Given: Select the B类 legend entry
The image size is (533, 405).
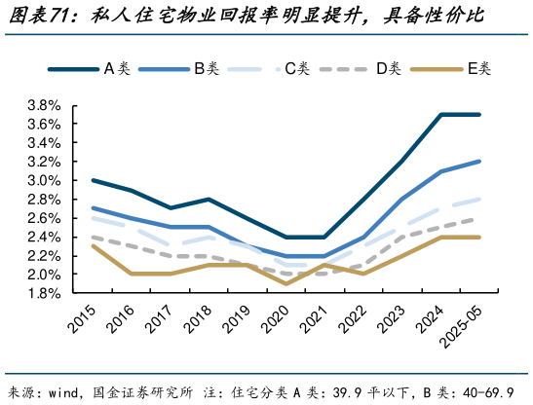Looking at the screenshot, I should point(181,68).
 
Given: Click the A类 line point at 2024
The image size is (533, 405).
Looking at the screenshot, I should point(441,115).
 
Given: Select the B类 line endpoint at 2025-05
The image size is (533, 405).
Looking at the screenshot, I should point(478,162).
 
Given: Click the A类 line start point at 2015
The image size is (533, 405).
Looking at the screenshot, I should point(92,180).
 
